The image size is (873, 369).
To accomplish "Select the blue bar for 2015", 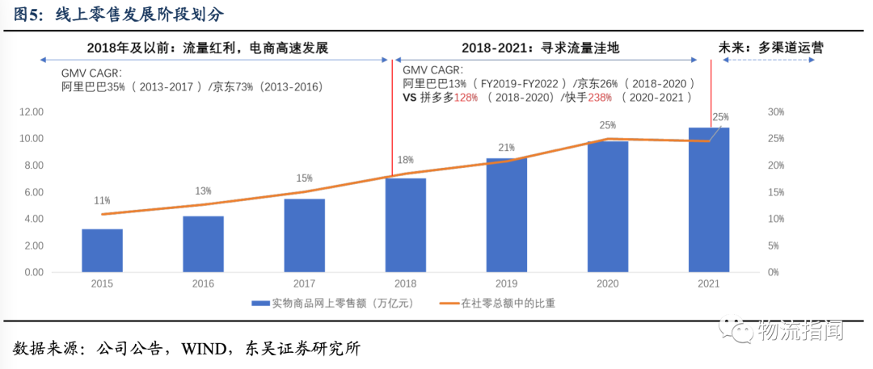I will pos(102,250).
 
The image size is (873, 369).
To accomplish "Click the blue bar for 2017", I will pos(304,235).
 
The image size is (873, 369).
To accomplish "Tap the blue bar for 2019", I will pos(506,215).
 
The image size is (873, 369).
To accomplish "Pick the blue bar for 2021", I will pos(709,199).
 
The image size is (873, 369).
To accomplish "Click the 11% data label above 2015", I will pos(102,200).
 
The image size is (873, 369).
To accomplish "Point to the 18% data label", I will pos(405,160).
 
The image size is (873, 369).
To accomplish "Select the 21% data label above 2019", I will pos(506,147).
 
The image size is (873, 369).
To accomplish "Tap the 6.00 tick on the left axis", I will pos(33,192).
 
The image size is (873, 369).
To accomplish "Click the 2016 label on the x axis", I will pos(203,283).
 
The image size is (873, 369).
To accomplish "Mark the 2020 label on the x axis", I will pos(608,283).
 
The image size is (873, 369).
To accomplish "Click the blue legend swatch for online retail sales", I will pos(260,304).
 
